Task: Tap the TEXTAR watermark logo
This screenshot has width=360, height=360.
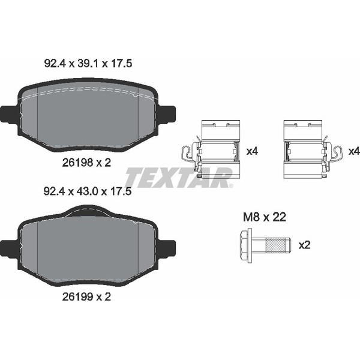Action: click(x=178, y=178)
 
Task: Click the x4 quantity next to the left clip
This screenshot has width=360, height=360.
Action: click(x=252, y=152)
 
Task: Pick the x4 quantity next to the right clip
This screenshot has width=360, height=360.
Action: click(x=354, y=152)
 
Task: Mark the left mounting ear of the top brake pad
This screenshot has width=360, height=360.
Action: click(x=9, y=114)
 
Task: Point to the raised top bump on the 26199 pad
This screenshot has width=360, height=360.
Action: click(x=88, y=210)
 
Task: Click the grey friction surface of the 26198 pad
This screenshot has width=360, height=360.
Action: click(x=88, y=117)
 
